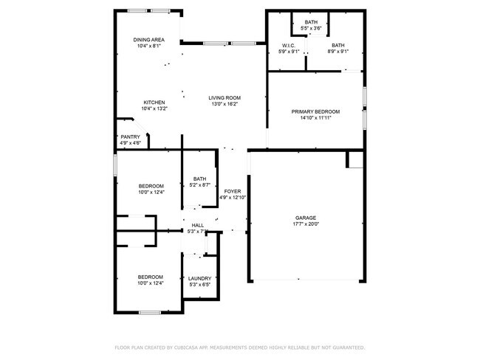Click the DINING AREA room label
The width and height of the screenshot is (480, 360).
[148, 40]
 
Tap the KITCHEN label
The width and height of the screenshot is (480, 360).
[154, 103]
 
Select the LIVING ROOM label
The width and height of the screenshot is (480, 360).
[224, 97]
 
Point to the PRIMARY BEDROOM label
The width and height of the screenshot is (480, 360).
[316, 111]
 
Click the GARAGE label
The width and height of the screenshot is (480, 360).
[306, 218]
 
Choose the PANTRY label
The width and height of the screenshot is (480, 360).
[130, 136]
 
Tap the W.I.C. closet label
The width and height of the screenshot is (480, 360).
[288, 46]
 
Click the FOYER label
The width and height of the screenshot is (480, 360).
[233, 191]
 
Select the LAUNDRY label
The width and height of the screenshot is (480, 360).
[199, 278]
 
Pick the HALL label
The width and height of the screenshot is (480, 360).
[198, 226]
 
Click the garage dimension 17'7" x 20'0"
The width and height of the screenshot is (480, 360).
[306, 224]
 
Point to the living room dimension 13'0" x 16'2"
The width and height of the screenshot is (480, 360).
[224, 104]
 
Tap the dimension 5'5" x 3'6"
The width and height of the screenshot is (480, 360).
[312, 29]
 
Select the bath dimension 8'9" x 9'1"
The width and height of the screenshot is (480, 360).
[337, 52]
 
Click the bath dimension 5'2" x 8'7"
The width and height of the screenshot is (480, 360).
[200, 185]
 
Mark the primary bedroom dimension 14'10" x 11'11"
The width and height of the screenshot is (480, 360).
[316, 118]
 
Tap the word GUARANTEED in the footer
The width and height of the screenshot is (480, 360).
[347, 347]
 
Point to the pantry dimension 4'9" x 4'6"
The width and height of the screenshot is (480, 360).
[130, 143]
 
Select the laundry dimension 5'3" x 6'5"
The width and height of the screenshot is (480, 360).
[199, 285]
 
